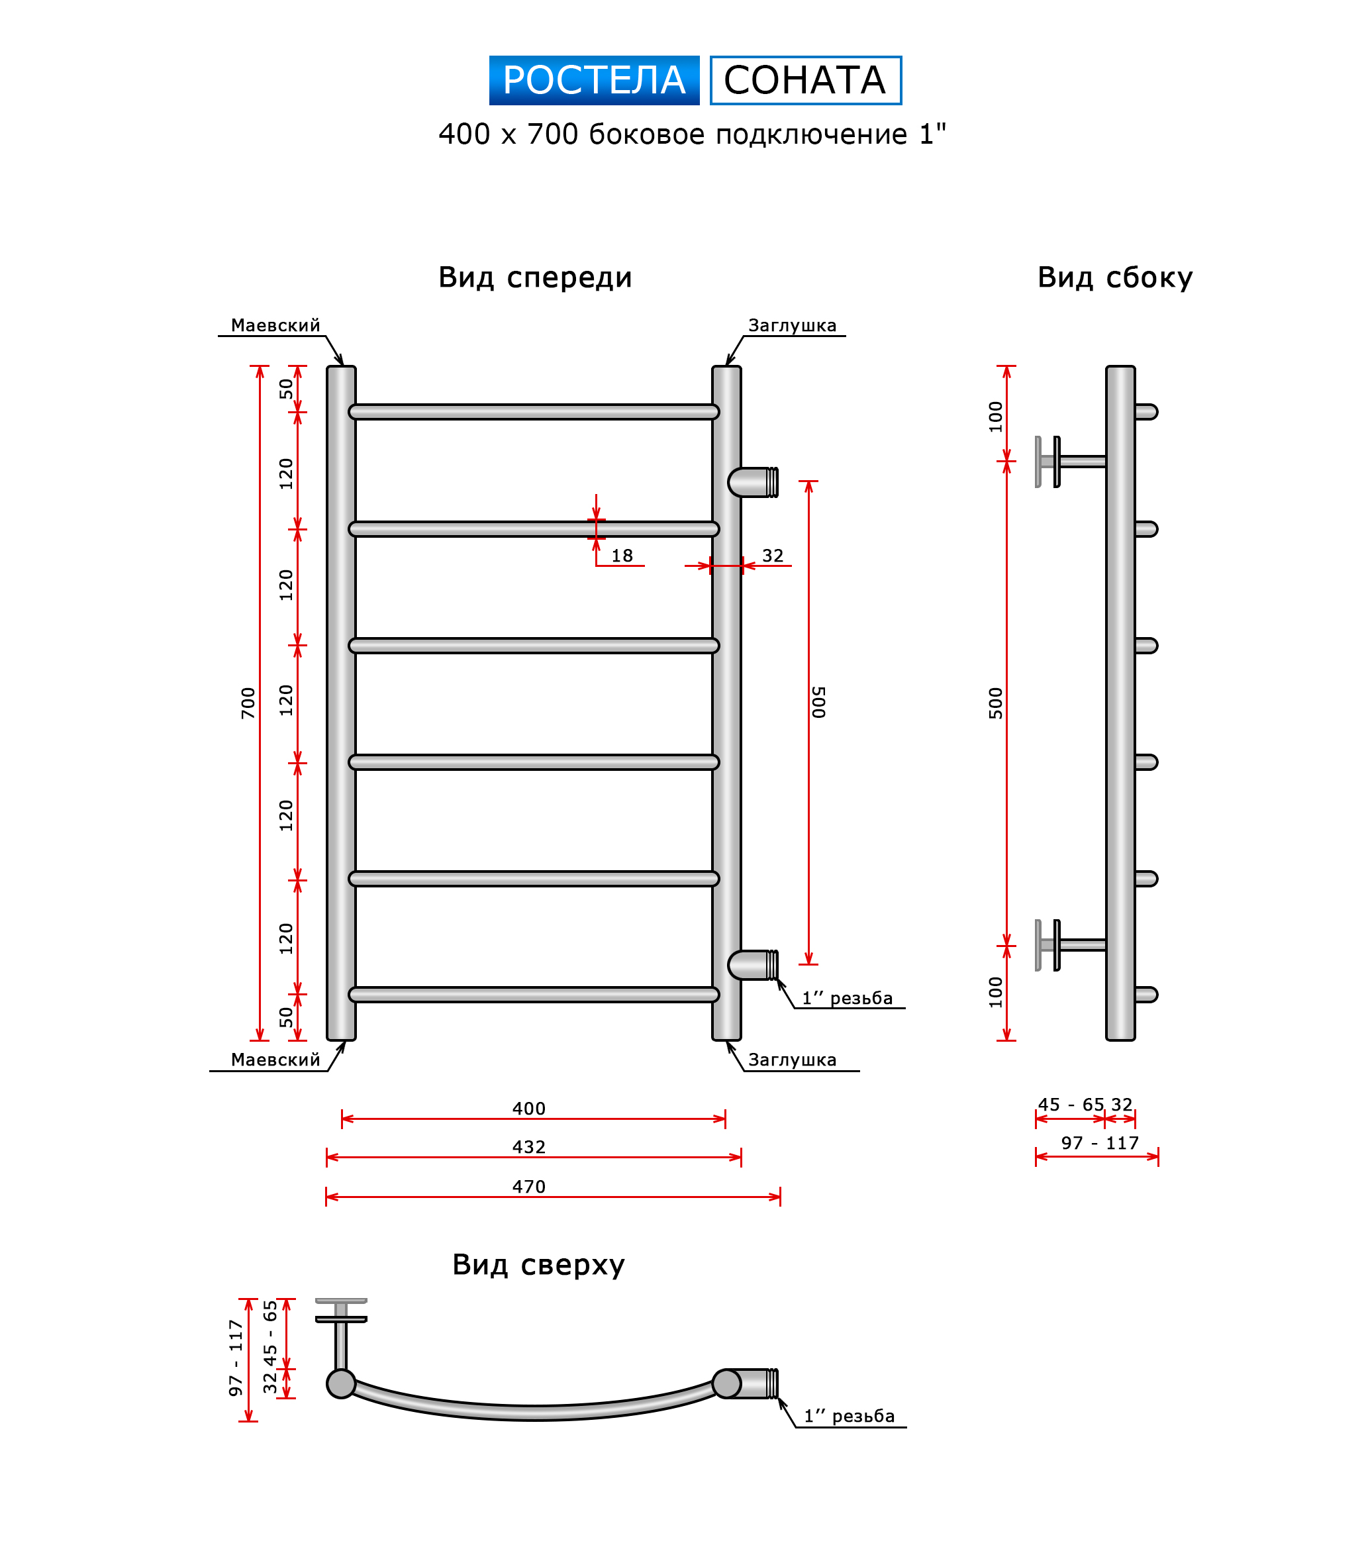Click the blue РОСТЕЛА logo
[x=593, y=80]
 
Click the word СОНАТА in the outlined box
[x=804, y=80]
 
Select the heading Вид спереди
[x=534, y=277]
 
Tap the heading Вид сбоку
[x=1114, y=277]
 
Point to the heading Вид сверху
[x=538, y=1265]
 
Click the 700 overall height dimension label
[x=248, y=703]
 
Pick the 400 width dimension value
[x=528, y=1109]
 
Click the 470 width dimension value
[x=528, y=1187]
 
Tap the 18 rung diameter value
[x=621, y=556]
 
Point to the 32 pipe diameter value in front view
[x=772, y=556]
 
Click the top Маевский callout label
[x=275, y=325]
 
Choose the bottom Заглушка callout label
[x=792, y=1060]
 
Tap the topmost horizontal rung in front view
[x=534, y=411]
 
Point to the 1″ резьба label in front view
[x=847, y=998]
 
